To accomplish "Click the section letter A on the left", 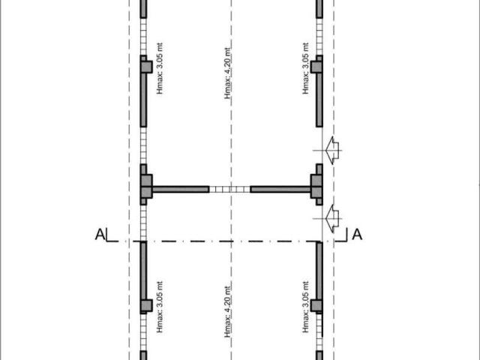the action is (100, 235).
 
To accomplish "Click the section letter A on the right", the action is (357, 235).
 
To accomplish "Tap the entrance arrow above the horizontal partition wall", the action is (332, 150).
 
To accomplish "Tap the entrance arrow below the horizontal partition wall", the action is (332, 218).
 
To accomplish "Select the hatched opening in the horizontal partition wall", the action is (229, 189).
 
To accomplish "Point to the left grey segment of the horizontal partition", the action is (181, 189).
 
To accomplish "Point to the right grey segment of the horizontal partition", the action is (280, 189).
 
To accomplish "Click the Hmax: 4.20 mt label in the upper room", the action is (227, 73).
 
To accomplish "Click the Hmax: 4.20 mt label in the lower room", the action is (227, 312).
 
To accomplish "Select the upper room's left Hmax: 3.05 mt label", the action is (160, 68).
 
